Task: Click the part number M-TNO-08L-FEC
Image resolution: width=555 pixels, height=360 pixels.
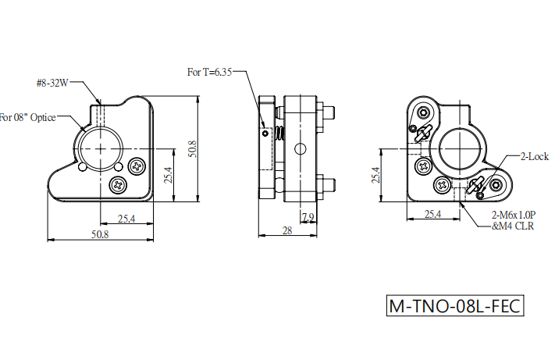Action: click(455, 306)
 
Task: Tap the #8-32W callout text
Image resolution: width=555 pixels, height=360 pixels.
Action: click(52, 84)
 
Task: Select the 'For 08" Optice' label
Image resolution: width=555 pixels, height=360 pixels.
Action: click(27, 117)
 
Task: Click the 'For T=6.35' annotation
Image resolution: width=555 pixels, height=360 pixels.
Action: click(209, 72)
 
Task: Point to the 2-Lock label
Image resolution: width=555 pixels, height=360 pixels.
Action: click(534, 156)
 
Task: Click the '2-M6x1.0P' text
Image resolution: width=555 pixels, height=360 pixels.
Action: click(514, 215)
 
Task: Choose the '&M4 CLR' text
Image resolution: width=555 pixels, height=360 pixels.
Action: click(513, 226)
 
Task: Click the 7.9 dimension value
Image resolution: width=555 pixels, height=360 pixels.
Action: click(308, 217)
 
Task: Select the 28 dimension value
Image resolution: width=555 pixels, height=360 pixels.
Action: click(287, 231)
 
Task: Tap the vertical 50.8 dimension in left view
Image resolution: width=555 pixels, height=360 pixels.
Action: click(192, 149)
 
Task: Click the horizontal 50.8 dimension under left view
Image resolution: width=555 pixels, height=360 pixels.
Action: click(100, 234)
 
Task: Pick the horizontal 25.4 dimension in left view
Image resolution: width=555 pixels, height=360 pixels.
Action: click(126, 219)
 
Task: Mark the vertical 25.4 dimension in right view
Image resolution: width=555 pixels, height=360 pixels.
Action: click(375, 175)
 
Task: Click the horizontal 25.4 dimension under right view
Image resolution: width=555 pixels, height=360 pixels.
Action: click(432, 214)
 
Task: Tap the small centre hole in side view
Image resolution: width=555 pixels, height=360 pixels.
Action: click(301, 149)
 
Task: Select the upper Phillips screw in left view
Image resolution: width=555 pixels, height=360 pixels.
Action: click(137, 166)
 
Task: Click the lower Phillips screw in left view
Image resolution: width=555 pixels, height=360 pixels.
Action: click(118, 185)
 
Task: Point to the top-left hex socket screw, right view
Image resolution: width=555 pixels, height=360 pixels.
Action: click(424, 113)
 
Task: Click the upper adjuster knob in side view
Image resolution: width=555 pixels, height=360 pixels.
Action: click(329, 112)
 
